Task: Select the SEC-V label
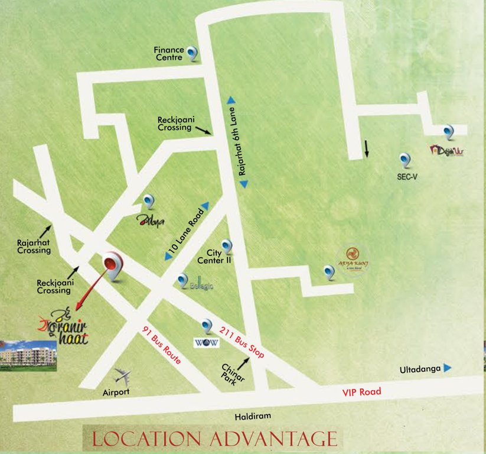pyautogui.click(x=407, y=176)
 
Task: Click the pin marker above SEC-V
pyautogui.click(x=405, y=160)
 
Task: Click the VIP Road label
pyautogui.click(x=362, y=392)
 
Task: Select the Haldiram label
pyautogui.click(x=252, y=416)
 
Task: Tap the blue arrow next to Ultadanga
pyautogui.click(x=448, y=368)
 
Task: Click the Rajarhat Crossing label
pyautogui.click(x=34, y=246)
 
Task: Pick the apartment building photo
pyautogui.click(x=28, y=355)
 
